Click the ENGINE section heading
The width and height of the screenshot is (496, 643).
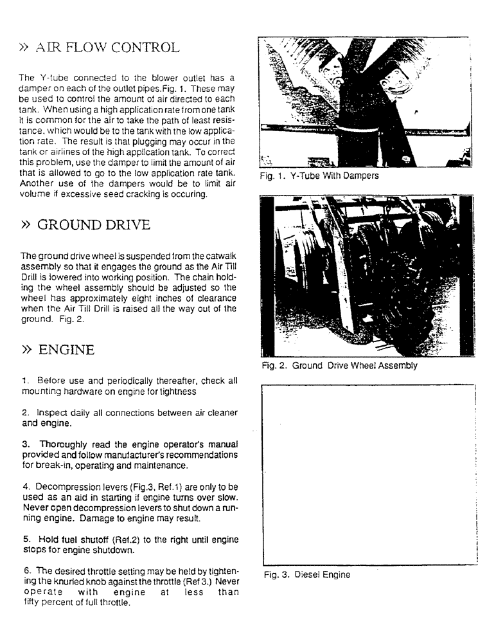tap(66, 350)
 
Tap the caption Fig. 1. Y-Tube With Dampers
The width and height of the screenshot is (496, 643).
tap(319, 175)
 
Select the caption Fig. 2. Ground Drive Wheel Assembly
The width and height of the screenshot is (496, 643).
tap(339, 366)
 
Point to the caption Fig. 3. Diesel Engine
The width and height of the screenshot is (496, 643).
tap(307, 575)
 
